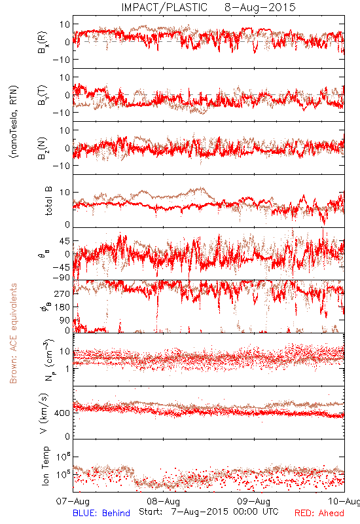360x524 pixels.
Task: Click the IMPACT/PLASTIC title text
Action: point(164,7)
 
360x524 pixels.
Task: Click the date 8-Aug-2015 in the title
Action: point(260,7)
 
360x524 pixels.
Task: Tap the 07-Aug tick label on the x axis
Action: point(73,501)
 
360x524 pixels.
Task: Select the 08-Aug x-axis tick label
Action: point(163,501)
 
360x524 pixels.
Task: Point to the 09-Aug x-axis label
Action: point(254,501)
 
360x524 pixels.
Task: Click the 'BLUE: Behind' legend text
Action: point(101,513)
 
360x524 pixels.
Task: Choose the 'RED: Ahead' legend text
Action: point(319,513)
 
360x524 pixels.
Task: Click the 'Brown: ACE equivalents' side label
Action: point(13,333)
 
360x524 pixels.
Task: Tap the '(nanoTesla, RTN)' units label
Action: point(14,122)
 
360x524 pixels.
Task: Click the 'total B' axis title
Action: point(48,201)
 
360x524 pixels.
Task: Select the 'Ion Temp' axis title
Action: point(45,466)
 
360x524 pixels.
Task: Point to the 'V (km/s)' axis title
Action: point(44,413)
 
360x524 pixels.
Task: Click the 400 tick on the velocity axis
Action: point(62,413)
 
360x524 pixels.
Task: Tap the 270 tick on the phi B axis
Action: point(62,293)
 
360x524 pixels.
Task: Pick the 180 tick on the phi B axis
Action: point(62,307)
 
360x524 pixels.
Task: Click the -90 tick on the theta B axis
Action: point(61,278)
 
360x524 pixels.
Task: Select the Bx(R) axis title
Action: point(43,42)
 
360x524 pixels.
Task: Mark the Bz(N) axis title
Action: point(43,148)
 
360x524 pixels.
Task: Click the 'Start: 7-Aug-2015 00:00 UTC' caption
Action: point(209,512)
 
